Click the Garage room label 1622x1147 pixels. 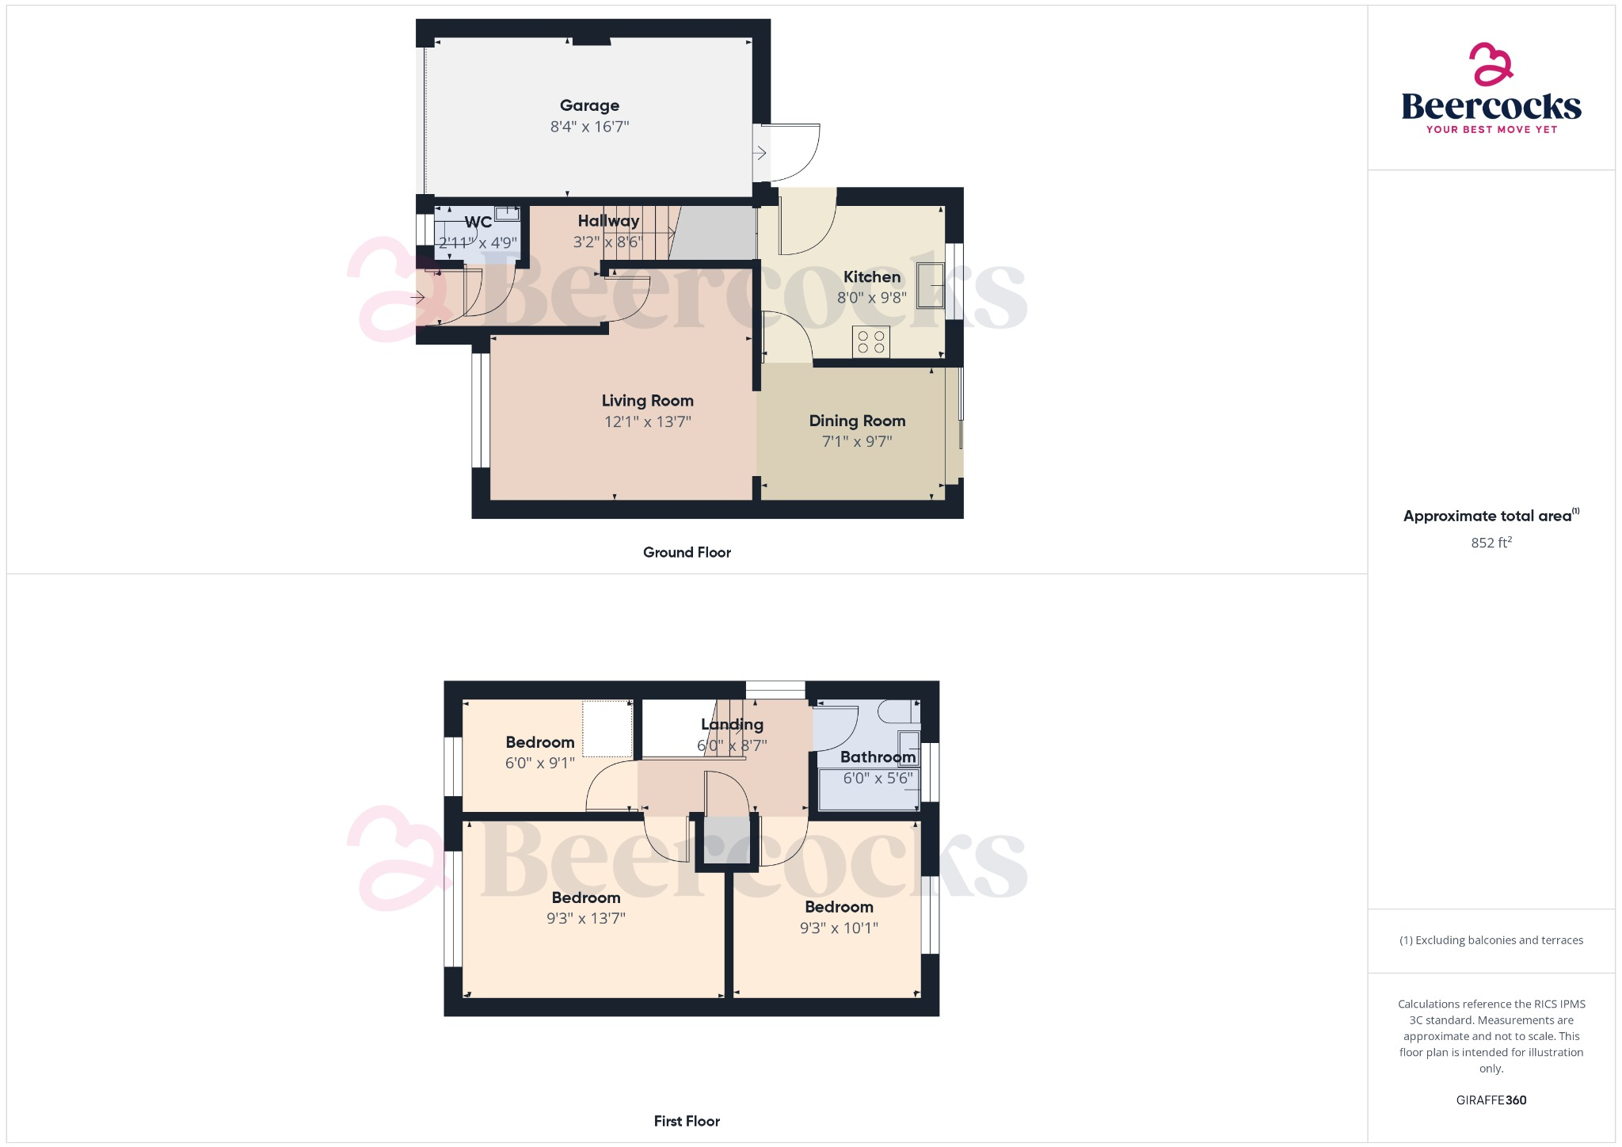coord(589,105)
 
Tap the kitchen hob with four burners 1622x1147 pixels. coord(871,341)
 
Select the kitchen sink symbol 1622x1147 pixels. coord(931,285)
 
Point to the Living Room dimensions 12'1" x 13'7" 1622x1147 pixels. coord(647,422)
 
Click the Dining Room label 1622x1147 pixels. coord(857,421)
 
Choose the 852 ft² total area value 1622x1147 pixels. coord(1491,543)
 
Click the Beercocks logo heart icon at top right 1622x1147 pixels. coord(1491,64)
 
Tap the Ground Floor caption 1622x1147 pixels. coord(687,552)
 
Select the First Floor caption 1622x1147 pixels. coord(687,1121)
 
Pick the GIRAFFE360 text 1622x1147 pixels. coord(1491,1100)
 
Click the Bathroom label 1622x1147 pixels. coord(878,757)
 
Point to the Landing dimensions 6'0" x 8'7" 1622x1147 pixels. coord(732,745)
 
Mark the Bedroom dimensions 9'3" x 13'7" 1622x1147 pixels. coord(586,919)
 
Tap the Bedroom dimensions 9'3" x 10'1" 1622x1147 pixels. coord(839,928)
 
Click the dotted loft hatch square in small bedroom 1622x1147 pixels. coord(607,729)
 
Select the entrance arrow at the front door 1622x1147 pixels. coord(417,298)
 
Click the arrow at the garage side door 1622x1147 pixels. coord(760,153)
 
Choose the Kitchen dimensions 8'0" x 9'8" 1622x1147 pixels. coord(872,298)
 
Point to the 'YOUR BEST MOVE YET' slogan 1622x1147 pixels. coord(1491,130)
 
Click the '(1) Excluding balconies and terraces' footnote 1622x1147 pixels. coord(1491,940)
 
